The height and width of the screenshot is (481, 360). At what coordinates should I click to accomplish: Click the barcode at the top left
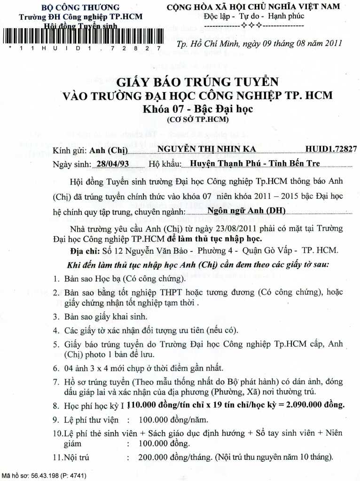click(x=82, y=36)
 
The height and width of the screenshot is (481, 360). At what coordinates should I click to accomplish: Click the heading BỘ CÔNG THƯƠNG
click(x=80, y=8)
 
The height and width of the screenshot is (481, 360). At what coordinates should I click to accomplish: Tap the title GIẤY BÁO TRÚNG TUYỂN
click(x=198, y=82)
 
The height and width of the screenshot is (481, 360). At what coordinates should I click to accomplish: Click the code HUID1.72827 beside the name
click(x=331, y=149)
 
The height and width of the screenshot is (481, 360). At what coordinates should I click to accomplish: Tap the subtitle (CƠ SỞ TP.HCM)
click(x=197, y=120)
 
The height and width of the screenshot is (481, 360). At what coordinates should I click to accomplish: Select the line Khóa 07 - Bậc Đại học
click(x=198, y=109)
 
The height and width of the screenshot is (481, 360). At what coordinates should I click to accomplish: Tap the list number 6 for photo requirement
click(x=55, y=367)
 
